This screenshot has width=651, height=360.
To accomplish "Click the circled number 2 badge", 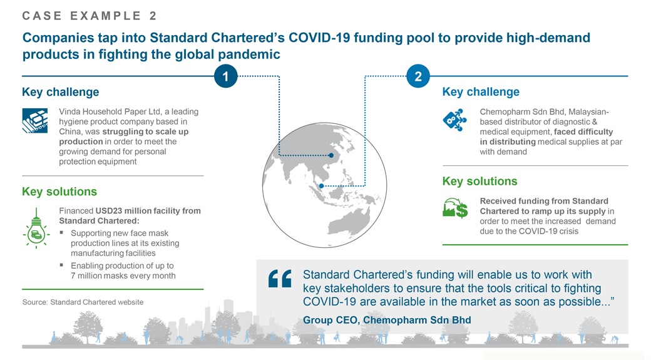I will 418,76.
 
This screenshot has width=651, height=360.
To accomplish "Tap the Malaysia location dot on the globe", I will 321,186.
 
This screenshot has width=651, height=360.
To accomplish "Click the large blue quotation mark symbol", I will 280,279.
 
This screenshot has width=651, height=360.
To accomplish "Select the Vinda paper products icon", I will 35,120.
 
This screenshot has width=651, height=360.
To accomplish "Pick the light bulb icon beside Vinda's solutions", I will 36,232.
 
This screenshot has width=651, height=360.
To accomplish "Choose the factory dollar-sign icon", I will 455,208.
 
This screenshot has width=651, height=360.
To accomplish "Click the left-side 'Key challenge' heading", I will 60,92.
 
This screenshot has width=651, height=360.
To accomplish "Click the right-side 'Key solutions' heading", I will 479,182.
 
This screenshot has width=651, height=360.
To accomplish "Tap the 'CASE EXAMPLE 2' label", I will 90,16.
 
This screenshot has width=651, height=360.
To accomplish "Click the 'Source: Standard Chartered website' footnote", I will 83,302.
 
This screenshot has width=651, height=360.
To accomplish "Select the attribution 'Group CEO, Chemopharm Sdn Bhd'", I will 387,320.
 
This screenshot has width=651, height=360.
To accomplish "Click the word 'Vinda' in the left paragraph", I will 69,111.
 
